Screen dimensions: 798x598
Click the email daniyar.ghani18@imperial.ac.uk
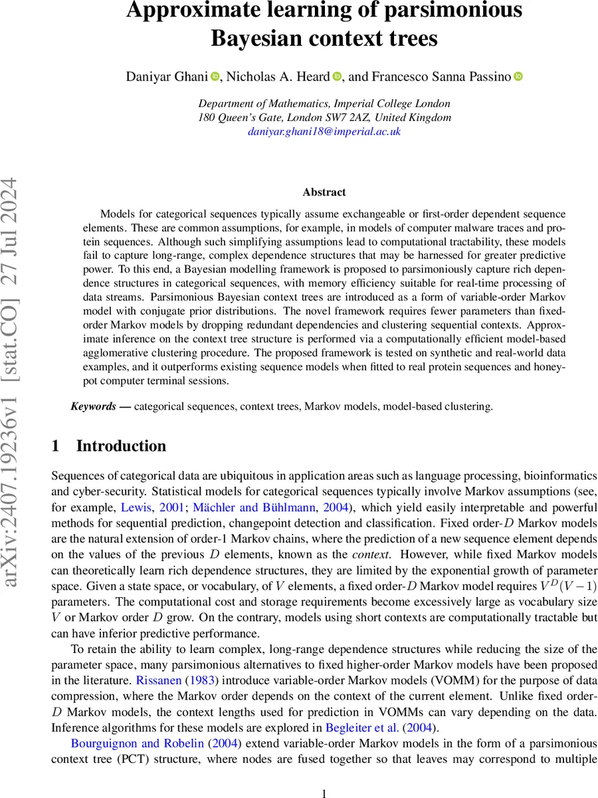click(324, 132)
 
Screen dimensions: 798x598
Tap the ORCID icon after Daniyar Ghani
click(215, 77)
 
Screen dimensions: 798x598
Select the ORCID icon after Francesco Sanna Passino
click(518, 77)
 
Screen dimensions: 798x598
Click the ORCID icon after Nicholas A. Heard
click(336, 77)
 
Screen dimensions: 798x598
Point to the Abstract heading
click(324, 192)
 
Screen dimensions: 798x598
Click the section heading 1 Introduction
click(109, 446)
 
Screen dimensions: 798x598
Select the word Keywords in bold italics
click(93, 406)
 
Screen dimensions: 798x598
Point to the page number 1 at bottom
click(324, 775)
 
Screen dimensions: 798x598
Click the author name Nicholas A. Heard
click(278, 77)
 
